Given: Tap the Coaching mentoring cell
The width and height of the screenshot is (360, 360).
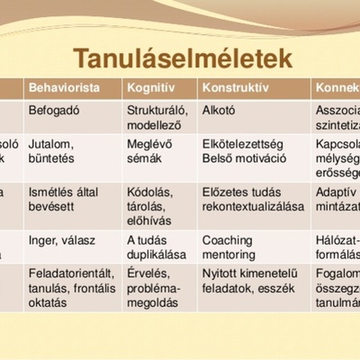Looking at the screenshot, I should pyautogui.click(x=229, y=247).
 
